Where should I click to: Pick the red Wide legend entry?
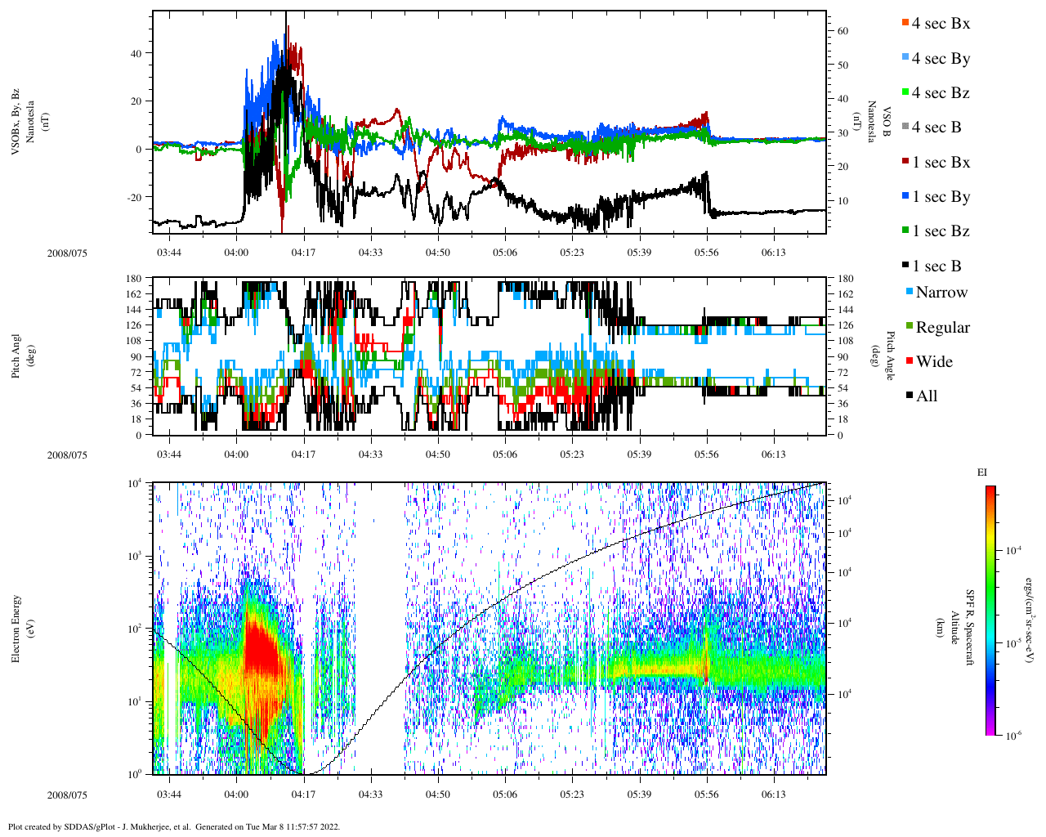(929, 362)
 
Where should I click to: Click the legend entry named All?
(922, 396)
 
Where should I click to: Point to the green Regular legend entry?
(937, 328)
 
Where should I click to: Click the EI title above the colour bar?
(982, 472)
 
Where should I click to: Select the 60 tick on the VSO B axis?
(843, 31)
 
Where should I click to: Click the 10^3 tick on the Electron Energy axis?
(136, 556)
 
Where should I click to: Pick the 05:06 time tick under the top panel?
(505, 253)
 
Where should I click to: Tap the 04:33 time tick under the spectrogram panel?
(370, 794)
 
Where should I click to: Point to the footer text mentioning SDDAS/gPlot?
(173, 826)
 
